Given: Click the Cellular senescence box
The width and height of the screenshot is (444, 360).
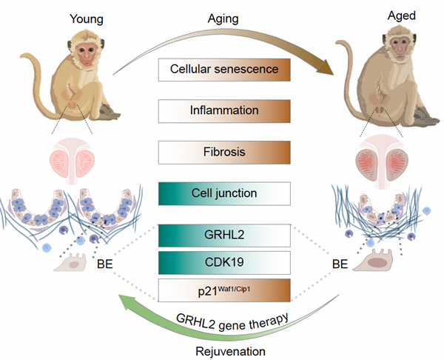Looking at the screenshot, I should click(x=224, y=70).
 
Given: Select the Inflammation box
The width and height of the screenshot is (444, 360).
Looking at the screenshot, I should click(x=224, y=111).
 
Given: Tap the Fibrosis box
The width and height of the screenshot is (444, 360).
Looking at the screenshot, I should click(x=224, y=152).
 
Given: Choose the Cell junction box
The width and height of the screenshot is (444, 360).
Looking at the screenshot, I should click(x=224, y=193).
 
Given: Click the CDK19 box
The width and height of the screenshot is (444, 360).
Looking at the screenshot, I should click(x=224, y=261).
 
